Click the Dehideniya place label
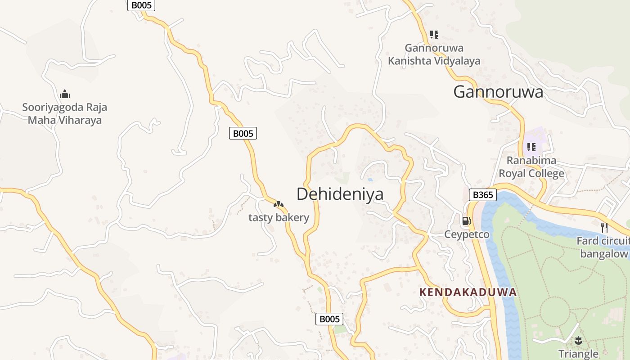coord(340,194)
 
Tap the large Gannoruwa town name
coord(498,92)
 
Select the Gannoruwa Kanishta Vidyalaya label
coord(434,54)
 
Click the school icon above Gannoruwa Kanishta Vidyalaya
coord(434,34)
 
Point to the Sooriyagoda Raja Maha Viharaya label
coord(65,114)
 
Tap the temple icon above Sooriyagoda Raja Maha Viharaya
coord(65,94)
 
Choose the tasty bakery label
coord(279,218)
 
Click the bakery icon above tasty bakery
coord(279,205)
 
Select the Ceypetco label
coord(467,234)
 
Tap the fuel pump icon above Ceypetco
coord(467,220)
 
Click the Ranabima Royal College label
coord(531,167)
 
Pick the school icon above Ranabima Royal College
coord(531,147)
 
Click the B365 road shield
coord(483,195)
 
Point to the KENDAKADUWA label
coord(468,292)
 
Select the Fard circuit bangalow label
coord(603,247)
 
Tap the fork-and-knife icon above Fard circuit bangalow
coord(604,227)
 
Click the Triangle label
coord(578,354)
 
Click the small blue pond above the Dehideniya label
coord(370,180)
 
